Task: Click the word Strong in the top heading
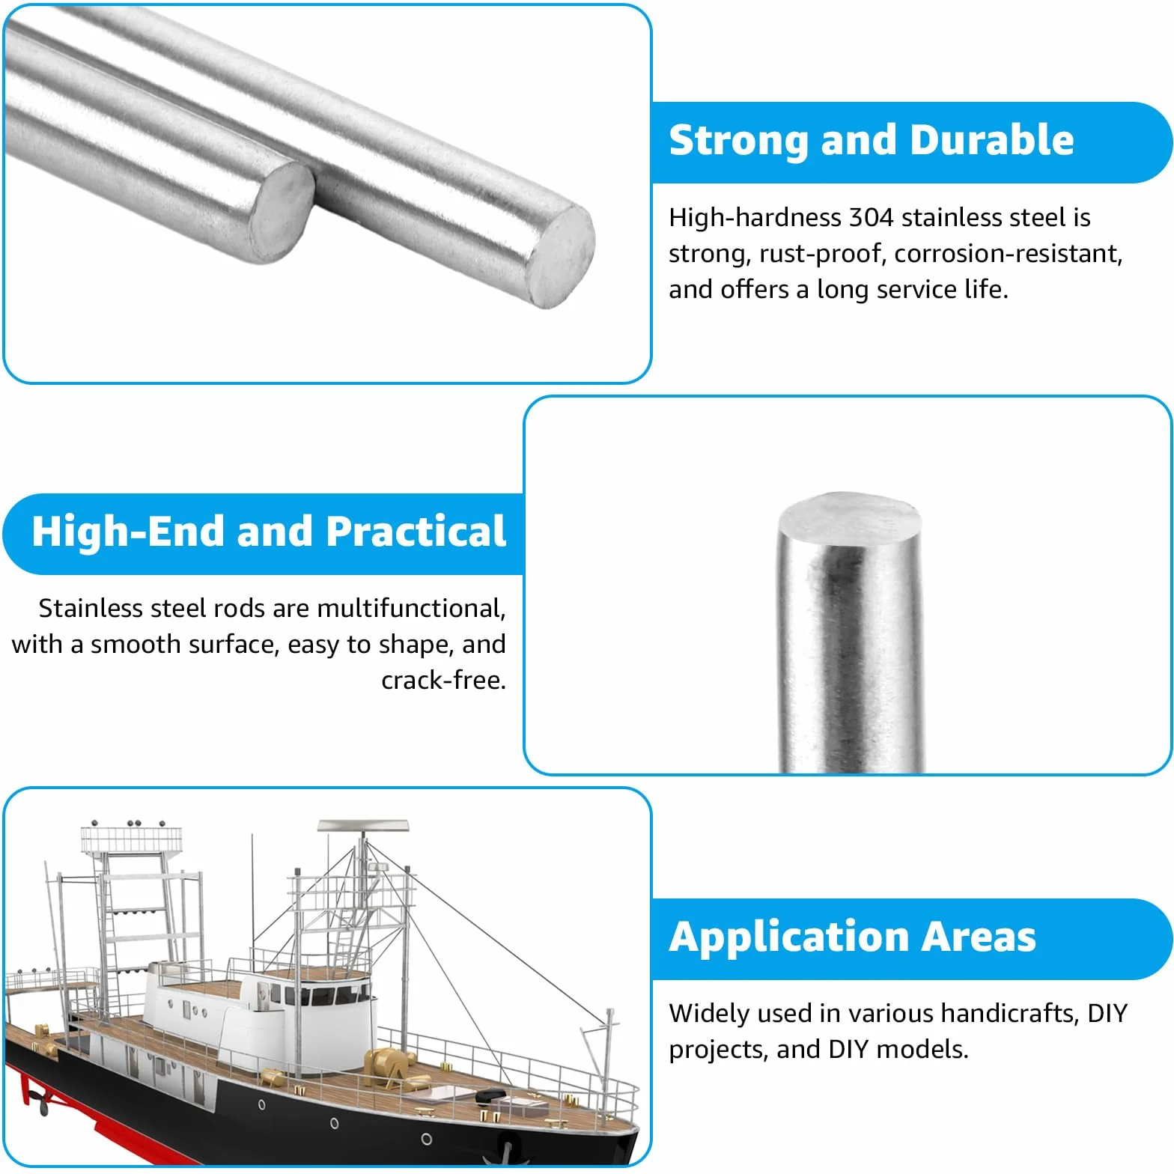click(x=738, y=141)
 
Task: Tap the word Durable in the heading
click(x=993, y=140)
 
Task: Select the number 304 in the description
click(x=871, y=217)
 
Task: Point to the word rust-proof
click(x=819, y=254)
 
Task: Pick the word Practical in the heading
click(x=416, y=531)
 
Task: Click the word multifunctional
click(x=412, y=608)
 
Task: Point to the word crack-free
click(x=444, y=680)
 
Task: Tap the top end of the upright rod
click(x=849, y=510)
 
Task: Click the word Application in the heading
click(x=788, y=938)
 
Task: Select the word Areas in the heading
click(x=979, y=937)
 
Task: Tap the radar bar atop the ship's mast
click(x=363, y=826)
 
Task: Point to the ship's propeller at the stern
click(x=34, y=1100)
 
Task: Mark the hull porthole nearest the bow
click(x=426, y=1139)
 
